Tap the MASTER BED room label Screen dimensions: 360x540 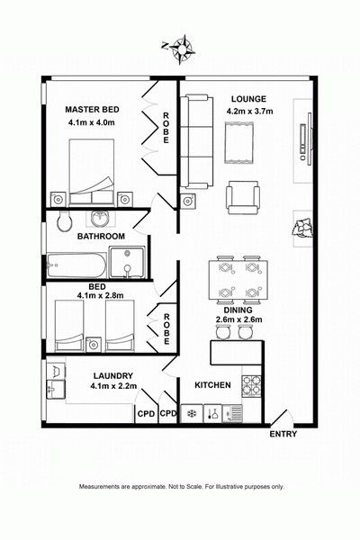(x=93, y=110)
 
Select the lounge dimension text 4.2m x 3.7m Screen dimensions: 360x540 (x=249, y=111)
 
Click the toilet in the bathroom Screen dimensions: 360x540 (x=64, y=221)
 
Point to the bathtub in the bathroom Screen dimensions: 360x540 (x=76, y=265)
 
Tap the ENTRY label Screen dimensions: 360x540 (x=283, y=434)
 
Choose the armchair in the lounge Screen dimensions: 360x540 (x=242, y=198)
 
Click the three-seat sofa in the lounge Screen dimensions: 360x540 (x=197, y=141)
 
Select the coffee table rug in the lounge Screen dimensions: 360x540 (x=239, y=143)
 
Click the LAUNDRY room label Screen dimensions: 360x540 (x=113, y=375)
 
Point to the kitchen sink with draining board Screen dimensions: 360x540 (x=232, y=413)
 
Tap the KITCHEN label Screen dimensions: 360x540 (x=212, y=384)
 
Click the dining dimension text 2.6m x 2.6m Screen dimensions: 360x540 (x=238, y=319)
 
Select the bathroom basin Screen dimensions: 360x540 (x=103, y=218)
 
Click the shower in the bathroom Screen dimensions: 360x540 (x=127, y=263)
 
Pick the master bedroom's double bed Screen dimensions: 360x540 (x=91, y=172)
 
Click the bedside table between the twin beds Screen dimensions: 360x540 (x=94, y=345)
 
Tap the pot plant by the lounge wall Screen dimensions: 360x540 (x=302, y=228)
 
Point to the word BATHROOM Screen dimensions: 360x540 (x=101, y=236)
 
